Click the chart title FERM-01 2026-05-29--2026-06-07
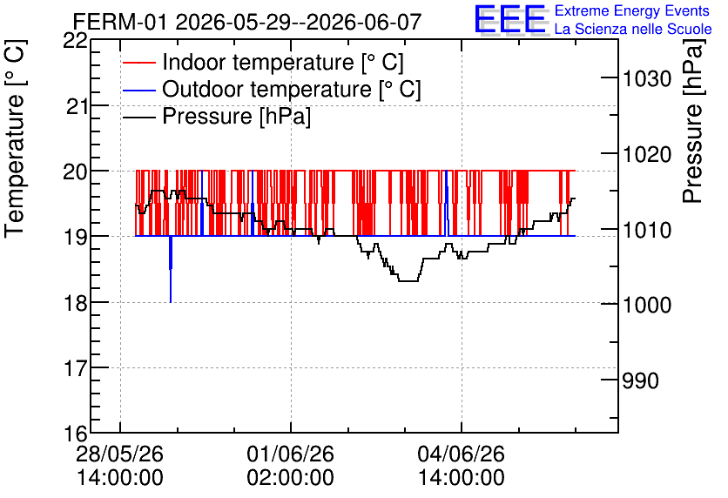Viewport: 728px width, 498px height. pos(247,22)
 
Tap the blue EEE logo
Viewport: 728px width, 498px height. pos(510,20)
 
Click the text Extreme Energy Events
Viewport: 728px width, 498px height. pos(632,10)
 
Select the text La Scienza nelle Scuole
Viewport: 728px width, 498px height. pos(633,29)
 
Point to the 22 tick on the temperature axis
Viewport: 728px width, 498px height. pos(75,41)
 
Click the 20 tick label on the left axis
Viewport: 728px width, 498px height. pos(75,172)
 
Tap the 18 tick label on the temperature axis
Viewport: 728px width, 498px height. pos(75,303)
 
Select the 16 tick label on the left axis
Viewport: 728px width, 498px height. pos(75,434)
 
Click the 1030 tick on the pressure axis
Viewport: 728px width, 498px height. pos(647,78)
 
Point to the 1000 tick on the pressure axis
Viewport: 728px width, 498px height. pos(647,305)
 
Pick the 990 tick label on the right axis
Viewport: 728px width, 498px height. pos(641,381)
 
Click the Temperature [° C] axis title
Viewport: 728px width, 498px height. pos(15,138)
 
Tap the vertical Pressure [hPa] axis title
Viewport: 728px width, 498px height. pos(693,121)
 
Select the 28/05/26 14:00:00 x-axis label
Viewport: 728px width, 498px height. pos(120,466)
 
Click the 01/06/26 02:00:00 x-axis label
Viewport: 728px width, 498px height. pos(290,466)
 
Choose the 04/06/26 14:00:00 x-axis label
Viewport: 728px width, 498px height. pos(461,466)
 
